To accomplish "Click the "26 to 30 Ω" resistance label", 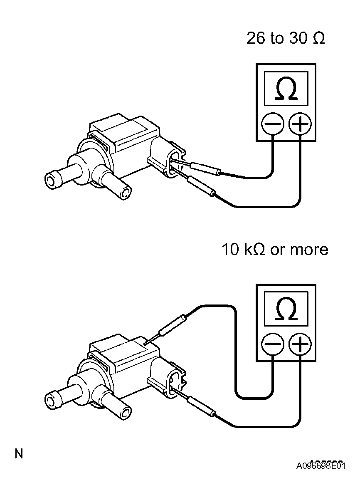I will (285, 38).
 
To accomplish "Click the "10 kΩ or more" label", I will (274, 250).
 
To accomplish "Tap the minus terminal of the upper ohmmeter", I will (272, 124).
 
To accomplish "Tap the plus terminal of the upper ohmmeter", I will (300, 124).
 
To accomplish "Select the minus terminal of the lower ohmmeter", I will (272, 345).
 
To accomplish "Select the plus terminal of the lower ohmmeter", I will (300, 345).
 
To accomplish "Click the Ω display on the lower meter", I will (286, 309).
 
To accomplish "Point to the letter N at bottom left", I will (19, 453).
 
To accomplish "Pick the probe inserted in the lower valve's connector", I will (202, 406).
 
